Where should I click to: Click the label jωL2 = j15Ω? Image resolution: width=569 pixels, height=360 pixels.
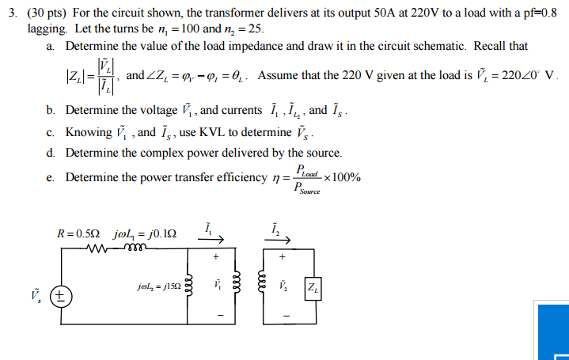coord(157,286)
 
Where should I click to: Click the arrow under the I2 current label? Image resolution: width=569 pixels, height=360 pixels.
coord(283,241)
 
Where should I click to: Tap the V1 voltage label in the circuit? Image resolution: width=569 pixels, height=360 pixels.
coord(215,284)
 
